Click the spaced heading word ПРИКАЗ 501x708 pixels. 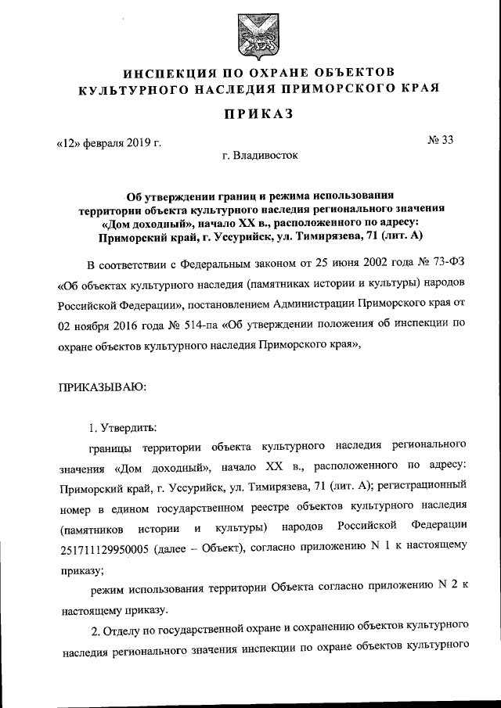point(250,113)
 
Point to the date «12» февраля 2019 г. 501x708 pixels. point(109,144)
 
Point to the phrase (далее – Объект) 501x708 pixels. point(197,547)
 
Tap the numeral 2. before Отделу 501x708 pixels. point(96,628)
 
